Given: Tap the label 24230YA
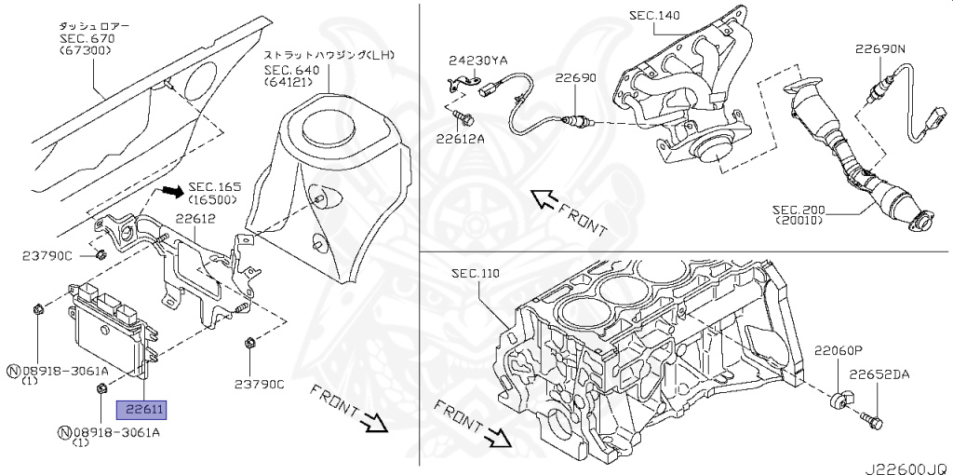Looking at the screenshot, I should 478,61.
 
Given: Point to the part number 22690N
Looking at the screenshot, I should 879,47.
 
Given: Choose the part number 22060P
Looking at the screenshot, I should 839,352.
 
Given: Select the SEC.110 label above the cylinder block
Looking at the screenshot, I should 476,274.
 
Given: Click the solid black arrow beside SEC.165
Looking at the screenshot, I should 170,191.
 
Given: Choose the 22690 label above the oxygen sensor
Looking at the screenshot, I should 575,78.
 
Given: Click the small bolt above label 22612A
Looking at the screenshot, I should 467,118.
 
